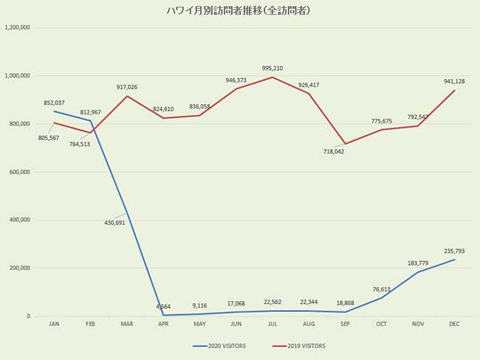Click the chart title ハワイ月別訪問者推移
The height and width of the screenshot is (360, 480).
tap(239, 11)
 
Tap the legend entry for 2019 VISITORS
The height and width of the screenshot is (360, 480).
tap(298, 345)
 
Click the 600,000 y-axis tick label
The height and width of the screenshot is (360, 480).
tap(18, 172)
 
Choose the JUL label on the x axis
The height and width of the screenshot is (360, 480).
tap(272, 324)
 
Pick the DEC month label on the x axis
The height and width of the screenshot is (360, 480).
tap(454, 324)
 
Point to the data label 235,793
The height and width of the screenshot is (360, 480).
tap(453, 251)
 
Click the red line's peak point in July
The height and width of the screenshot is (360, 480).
tap(272, 77)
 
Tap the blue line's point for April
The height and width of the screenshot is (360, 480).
tap(163, 315)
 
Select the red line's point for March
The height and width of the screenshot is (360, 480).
tap(127, 96)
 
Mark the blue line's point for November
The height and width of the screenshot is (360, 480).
tap(418, 272)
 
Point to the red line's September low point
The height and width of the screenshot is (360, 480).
tap(345, 144)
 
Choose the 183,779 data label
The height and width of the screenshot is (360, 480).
tap(417, 263)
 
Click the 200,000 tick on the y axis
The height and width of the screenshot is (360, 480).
tap(18, 268)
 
